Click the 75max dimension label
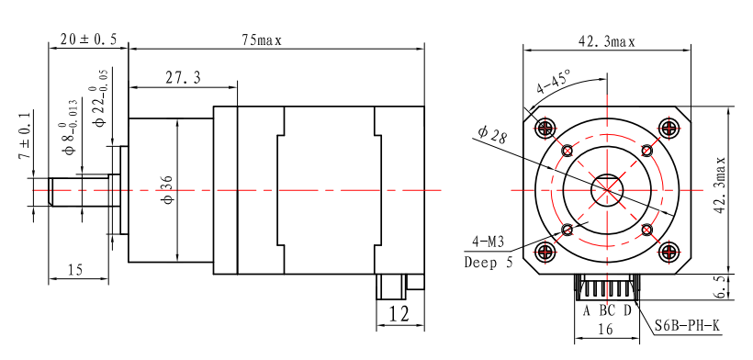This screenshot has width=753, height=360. [261, 40]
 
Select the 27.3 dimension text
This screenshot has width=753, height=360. [183, 78]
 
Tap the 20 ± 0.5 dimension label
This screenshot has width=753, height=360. [88, 39]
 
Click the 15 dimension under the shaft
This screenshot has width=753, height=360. [74, 270]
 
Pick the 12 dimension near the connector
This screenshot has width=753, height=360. [399, 314]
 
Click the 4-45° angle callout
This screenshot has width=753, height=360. [554, 82]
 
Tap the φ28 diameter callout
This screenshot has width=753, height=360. [492, 134]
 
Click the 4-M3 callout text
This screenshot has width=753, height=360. [488, 242]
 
